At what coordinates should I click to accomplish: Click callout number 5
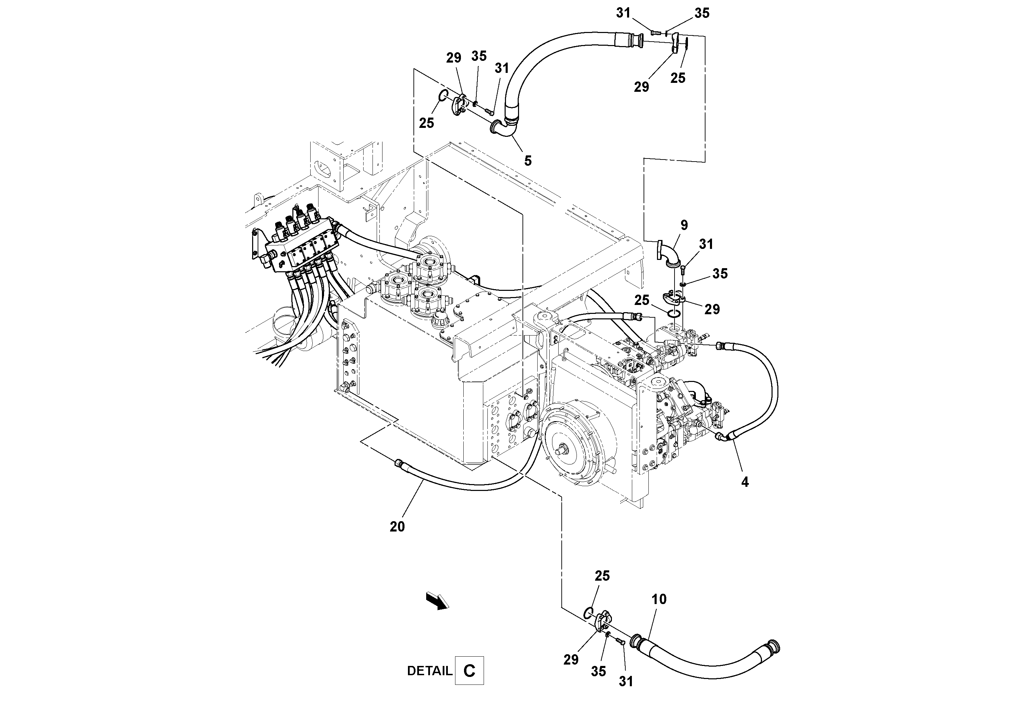(x=528, y=161)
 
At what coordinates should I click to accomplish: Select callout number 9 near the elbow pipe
(x=684, y=226)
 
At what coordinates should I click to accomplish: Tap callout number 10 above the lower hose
(x=659, y=600)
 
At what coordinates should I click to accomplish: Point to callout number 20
(x=397, y=527)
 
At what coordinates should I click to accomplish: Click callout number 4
(x=745, y=482)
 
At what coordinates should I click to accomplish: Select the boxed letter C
(x=469, y=671)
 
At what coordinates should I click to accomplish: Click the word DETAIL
(x=429, y=671)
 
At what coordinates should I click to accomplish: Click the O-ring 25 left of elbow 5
(x=443, y=95)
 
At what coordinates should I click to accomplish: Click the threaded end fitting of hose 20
(x=398, y=464)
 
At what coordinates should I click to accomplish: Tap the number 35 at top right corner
(x=702, y=13)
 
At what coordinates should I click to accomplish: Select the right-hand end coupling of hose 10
(x=773, y=646)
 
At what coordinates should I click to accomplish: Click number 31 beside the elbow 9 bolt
(x=706, y=244)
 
